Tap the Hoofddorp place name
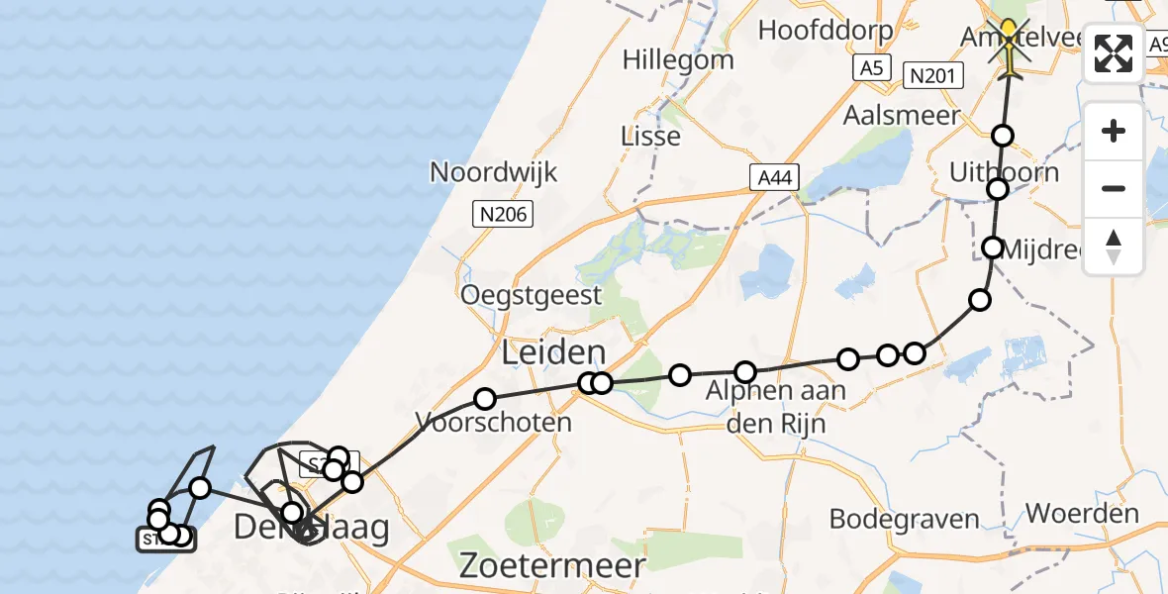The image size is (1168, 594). click(x=826, y=30)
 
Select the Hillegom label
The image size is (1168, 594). click(x=678, y=59)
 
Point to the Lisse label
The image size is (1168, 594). click(x=650, y=136)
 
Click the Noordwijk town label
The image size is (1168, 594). click(x=493, y=172)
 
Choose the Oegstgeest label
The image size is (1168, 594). click(x=531, y=295)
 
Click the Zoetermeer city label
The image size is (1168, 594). click(x=552, y=566)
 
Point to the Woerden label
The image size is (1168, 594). click(x=1082, y=514)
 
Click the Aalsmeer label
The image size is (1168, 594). click(x=901, y=115)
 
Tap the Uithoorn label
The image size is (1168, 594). click(x=1004, y=172)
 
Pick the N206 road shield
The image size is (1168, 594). click(x=503, y=214)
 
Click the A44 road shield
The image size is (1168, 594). click(x=772, y=178)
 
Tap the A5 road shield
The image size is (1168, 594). click(x=870, y=68)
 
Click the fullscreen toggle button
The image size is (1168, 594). click(x=1113, y=53)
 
